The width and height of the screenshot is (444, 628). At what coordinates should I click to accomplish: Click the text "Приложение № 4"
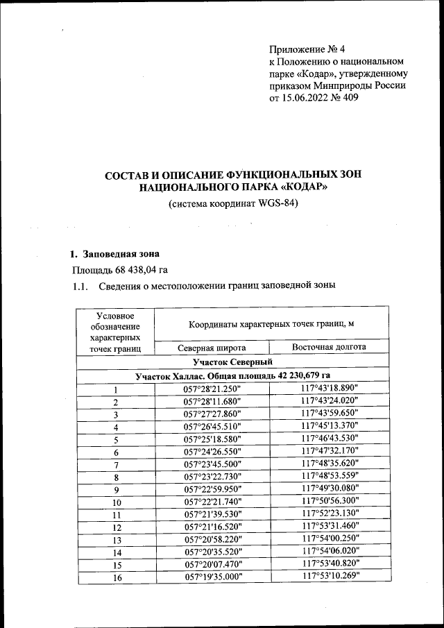(306, 49)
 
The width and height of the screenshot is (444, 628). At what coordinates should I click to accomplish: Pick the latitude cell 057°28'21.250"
(211, 389)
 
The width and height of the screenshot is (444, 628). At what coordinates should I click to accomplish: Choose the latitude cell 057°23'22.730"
(211, 477)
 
